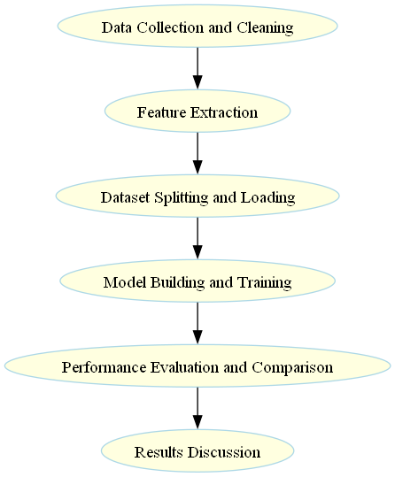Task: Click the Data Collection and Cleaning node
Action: coord(197,27)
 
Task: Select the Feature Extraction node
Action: coord(197,112)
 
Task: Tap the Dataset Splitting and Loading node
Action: coord(197,197)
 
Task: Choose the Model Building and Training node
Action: coord(197,282)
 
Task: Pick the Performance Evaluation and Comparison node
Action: coord(197,367)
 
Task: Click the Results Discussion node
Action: coord(197,452)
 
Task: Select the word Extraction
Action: coord(225,112)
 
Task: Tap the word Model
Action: coord(122,282)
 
